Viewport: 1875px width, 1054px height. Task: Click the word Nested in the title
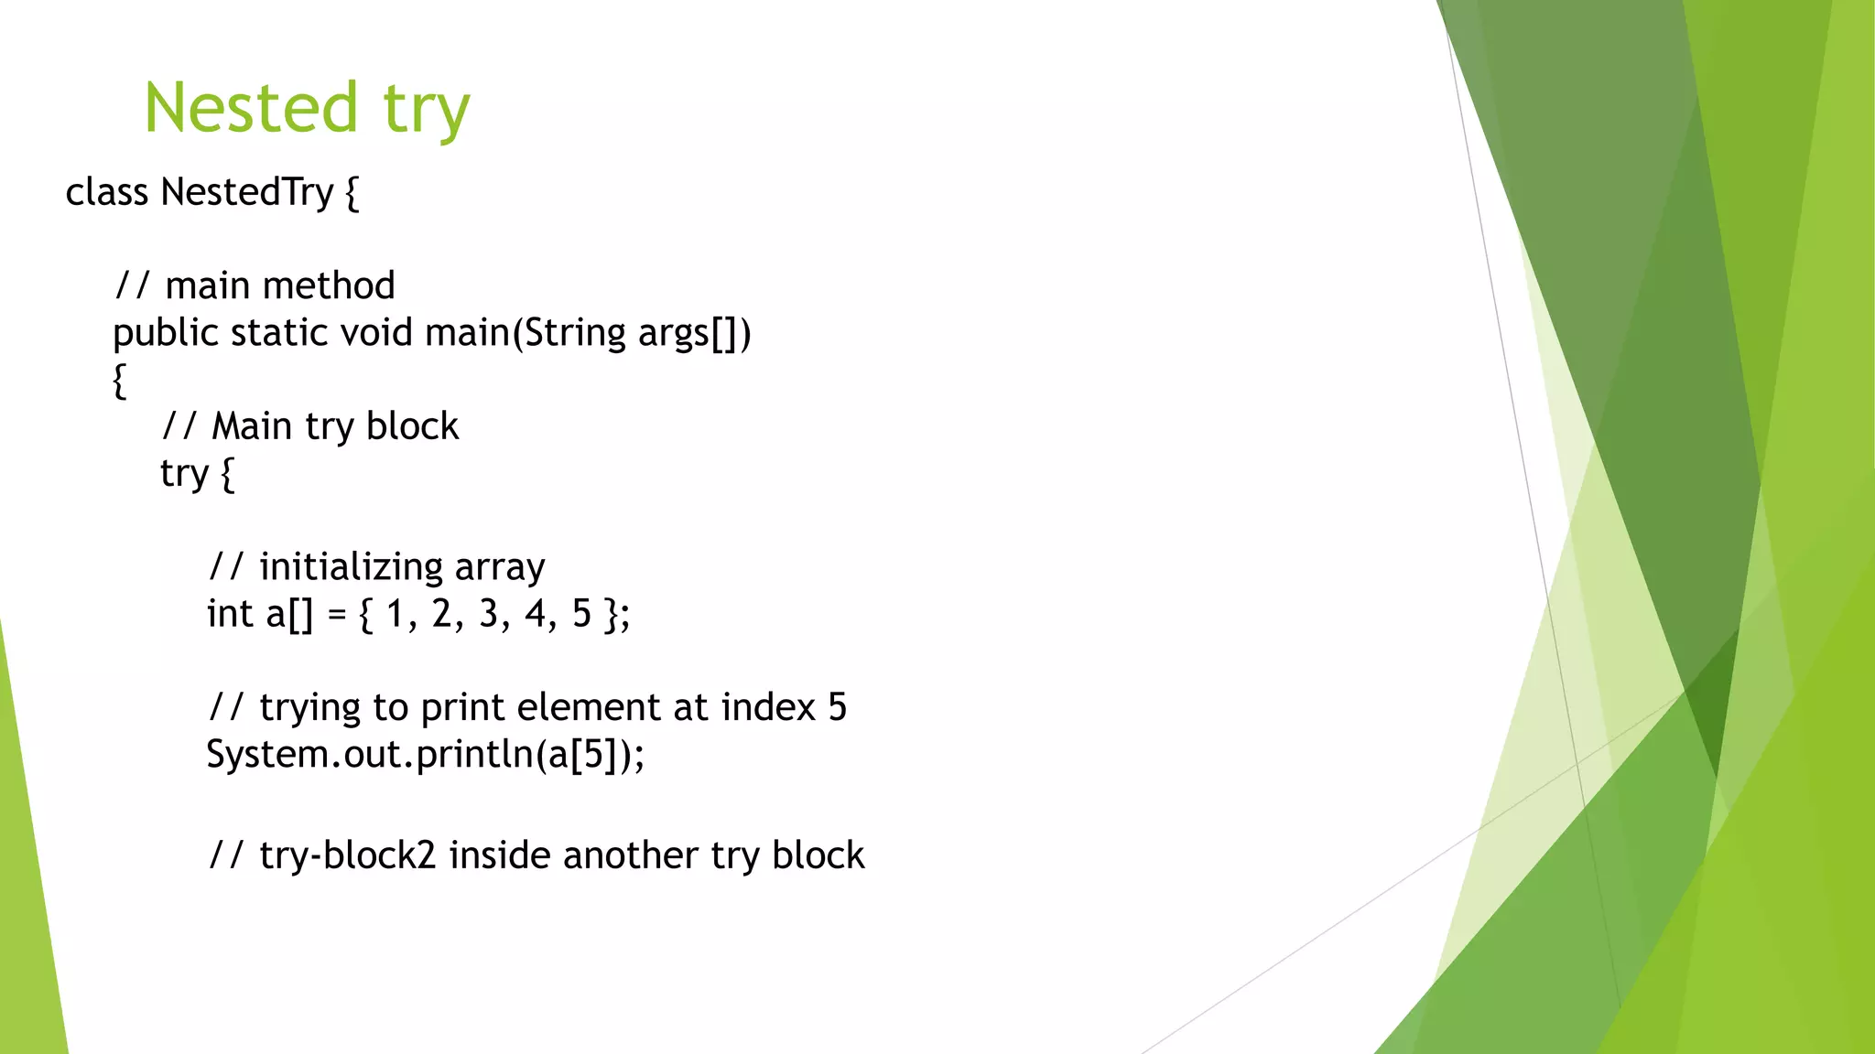click(x=250, y=108)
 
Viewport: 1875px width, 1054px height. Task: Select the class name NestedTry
click(x=247, y=192)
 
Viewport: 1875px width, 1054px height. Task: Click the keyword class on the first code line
click(x=106, y=192)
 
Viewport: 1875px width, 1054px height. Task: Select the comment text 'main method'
click(x=280, y=286)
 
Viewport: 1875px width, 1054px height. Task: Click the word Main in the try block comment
click(x=252, y=426)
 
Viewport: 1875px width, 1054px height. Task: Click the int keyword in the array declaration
click(x=230, y=614)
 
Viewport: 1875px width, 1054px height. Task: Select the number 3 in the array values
click(x=489, y=614)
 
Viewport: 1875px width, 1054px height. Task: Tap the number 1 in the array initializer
click(x=395, y=614)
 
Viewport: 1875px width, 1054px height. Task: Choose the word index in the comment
click(x=767, y=707)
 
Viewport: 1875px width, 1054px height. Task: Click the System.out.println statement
click(x=425, y=755)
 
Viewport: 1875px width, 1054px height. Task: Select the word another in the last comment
click(x=631, y=856)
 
